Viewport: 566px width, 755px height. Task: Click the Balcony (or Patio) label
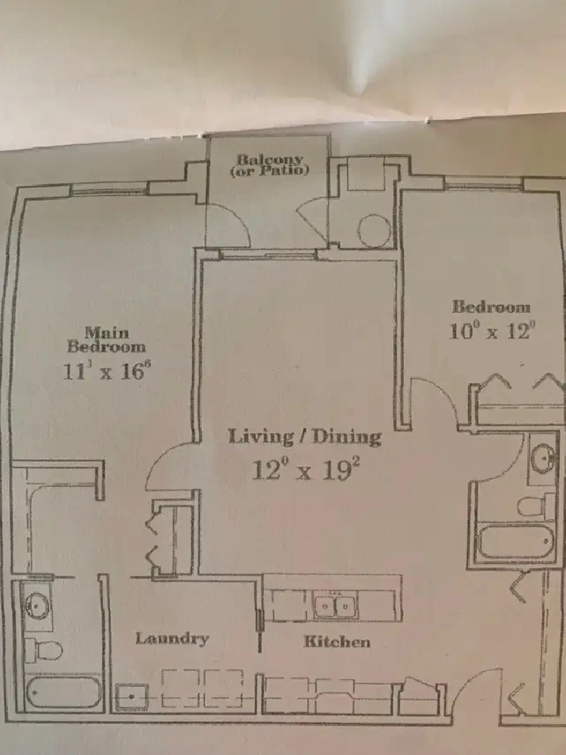269,164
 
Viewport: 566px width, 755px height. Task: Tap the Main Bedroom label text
106,339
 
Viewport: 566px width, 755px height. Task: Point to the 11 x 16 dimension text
104,371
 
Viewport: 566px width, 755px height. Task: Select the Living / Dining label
304,436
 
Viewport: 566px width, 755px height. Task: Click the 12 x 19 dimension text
306,470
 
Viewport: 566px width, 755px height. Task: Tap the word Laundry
172,639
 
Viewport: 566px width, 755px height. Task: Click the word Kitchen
337,641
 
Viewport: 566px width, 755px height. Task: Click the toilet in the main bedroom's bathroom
43,650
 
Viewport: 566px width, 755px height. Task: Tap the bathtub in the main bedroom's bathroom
63,693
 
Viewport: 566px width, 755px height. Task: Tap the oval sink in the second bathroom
543,458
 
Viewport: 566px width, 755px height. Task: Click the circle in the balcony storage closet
375,230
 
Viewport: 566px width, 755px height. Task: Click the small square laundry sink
131,696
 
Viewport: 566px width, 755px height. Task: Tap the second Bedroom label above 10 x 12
491,307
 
